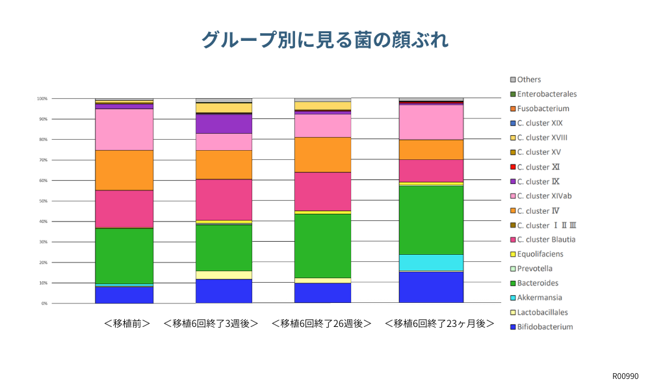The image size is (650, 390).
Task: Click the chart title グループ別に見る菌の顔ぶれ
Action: point(324,40)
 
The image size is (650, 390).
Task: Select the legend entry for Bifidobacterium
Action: point(545,327)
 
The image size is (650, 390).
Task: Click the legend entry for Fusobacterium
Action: point(543,109)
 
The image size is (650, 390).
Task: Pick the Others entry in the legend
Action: point(528,80)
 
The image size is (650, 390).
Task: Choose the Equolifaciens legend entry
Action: point(539,254)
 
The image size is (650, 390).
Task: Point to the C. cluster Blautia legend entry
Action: point(546,240)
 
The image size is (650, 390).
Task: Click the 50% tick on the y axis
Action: point(42,201)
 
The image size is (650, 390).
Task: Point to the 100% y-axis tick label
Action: point(42,99)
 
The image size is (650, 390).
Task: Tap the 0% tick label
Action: point(44,304)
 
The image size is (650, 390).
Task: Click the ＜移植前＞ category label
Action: point(127,323)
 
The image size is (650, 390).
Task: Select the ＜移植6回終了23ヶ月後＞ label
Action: point(439,323)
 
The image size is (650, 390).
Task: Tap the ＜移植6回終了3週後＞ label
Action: point(211,323)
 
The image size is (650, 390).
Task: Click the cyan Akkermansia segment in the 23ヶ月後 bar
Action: point(431,262)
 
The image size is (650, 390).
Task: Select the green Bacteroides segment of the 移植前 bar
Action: point(124,256)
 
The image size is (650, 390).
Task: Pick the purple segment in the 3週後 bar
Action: point(224,123)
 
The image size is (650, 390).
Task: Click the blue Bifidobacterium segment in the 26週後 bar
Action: point(323,292)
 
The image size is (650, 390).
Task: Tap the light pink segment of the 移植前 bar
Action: point(124,129)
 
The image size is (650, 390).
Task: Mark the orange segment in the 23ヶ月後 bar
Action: point(431,149)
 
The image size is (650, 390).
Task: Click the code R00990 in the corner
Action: point(625,376)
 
